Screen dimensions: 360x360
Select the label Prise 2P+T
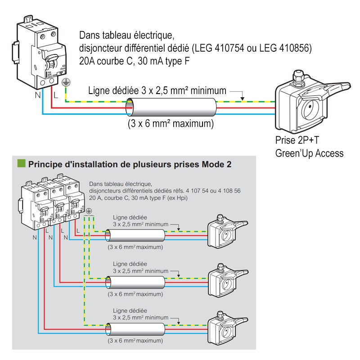click(x=296, y=140)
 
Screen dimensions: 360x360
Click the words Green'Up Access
click(x=309, y=153)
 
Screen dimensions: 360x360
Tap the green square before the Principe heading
click(x=21, y=164)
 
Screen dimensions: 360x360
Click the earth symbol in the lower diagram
click(x=89, y=211)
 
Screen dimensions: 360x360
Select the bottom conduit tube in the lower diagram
click(x=135, y=329)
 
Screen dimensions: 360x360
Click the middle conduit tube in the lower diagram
click(x=135, y=282)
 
